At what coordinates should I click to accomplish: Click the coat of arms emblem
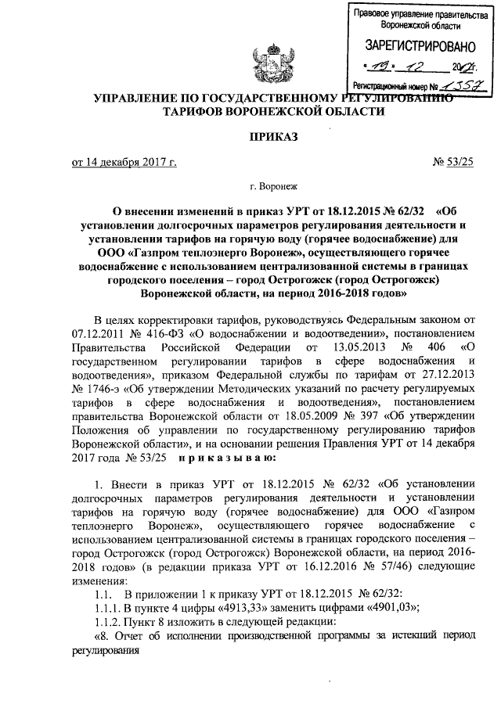(x=264, y=65)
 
